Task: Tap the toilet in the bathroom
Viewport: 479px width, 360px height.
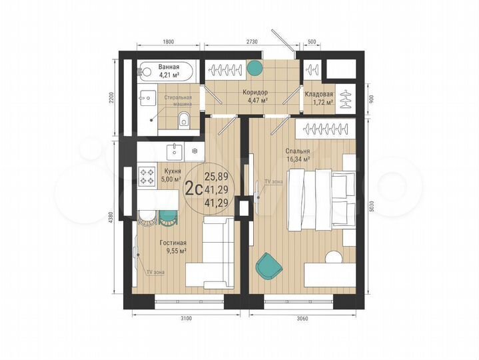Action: pyautogui.click(x=185, y=121)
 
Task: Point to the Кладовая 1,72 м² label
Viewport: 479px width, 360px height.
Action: pyautogui.click(x=319, y=99)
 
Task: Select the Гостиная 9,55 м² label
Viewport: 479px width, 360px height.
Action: pyautogui.click(x=173, y=247)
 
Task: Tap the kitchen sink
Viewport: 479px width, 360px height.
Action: pyautogui.click(x=175, y=152)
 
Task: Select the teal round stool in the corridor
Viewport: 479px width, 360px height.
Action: pyautogui.click(x=254, y=67)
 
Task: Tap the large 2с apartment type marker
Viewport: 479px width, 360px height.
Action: pyautogui.click(x=194, y=189)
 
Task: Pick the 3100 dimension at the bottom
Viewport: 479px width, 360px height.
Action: pyautogui.click(x=186, y=319)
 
